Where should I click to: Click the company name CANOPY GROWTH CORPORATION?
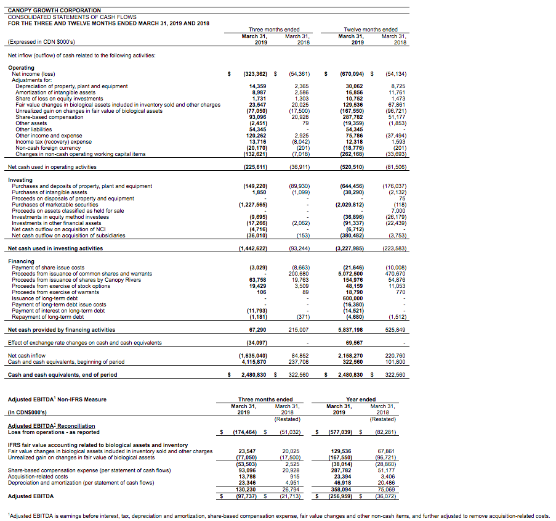(54, 10)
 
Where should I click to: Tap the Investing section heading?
(21, 180)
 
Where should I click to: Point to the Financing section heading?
(22, 261)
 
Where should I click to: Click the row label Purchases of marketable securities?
(55, 204)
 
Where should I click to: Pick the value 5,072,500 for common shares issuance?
(350, 274)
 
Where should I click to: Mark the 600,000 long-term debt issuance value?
(353, 298)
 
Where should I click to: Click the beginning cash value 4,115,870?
(252, 362)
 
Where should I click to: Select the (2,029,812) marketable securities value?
(349, 204)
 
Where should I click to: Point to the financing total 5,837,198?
(350, 330)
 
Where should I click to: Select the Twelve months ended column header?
(373, 30)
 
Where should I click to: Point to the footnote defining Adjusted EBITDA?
(277, 515)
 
